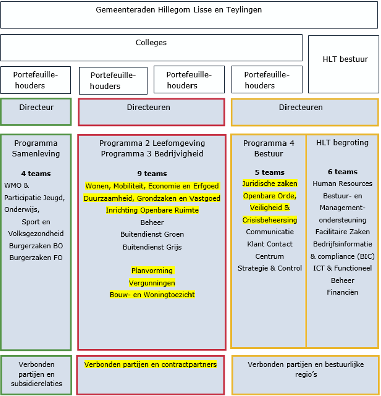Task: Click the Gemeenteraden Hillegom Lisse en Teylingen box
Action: tap(189, 15)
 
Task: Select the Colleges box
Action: tap(151, 47)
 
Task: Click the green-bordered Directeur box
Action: tap(36, 112)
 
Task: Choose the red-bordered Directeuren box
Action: tap(151, 112)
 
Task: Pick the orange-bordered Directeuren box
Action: tap(305, 112)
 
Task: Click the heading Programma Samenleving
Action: tap(36, 148)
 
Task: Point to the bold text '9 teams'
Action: tap(152, 174)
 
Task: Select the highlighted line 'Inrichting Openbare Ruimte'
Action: tap(152, 210)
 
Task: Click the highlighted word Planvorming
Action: tap(152, 270)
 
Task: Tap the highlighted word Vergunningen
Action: tap(152, 283)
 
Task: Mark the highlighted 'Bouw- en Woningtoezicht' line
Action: tap(152, 295)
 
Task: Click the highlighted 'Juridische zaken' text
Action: tap(269, 183)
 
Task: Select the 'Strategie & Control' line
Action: tap(269, 268)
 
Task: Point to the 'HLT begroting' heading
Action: tap(342, 143)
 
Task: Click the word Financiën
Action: tap(342, 292)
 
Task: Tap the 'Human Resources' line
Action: tap(342, 184)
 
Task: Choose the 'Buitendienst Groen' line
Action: tap(152, 234)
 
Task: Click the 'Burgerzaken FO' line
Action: tap(36, 258)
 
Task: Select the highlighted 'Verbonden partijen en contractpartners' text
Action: tap(151, 364)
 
